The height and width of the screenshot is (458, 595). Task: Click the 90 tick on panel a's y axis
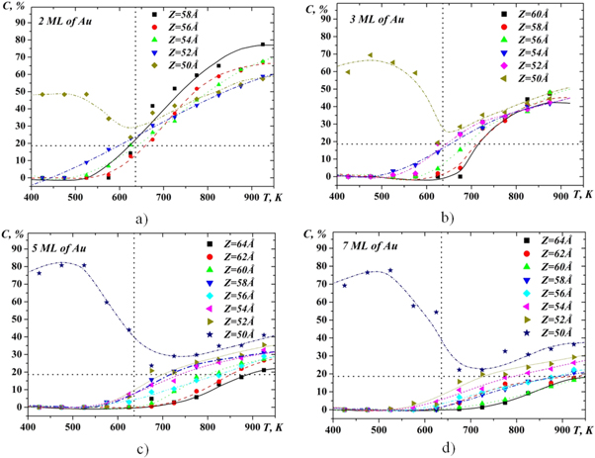click(x=16, y=18)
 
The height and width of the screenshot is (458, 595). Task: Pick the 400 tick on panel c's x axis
click(x=29, y=425)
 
